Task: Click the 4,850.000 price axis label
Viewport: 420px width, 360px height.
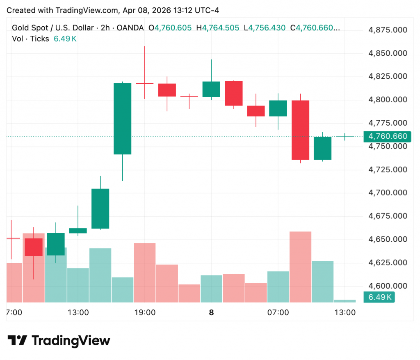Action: [x=387, y=53]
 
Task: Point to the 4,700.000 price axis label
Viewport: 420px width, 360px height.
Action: [x=387, y=193]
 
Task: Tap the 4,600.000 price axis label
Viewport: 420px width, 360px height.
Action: [x=387, y=286]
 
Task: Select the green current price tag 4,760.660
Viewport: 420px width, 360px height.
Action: [x=388, y=136]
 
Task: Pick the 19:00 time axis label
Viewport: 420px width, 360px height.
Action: [x=145, y=313]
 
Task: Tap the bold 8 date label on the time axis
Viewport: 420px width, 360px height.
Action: [x=211, y=313]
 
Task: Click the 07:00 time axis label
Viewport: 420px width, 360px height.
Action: [x=278, y=313]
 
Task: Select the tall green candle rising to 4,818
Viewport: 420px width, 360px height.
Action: [x=122, y=119]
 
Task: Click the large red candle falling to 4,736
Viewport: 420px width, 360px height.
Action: [x=301, y=130]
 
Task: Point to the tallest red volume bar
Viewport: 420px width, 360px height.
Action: [x=301, y=267]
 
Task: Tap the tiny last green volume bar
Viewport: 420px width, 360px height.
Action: [x=345, y=301]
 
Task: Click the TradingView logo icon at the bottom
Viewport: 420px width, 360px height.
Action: [x=17, y=340]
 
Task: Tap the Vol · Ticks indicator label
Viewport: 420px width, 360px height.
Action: [x=30, y=39]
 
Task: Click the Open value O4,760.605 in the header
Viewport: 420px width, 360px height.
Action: [x=170, y=28]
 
